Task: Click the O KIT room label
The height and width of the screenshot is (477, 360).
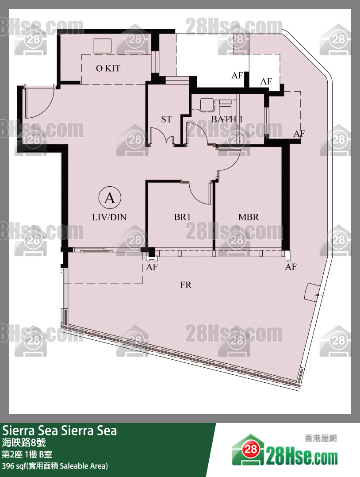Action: [x=108, y=69]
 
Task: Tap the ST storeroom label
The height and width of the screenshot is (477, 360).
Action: [x=166, y=119]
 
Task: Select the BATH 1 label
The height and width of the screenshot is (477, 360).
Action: [x=227, y=119]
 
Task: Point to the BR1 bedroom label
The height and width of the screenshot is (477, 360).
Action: [x=182, y=217]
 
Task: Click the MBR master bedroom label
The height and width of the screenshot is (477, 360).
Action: [x=249, y=217]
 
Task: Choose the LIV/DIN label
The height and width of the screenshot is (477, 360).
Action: [x=109, y=217]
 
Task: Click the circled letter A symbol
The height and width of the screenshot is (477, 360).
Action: [x=110, y=198]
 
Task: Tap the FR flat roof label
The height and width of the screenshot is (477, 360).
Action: [x=186, y=285]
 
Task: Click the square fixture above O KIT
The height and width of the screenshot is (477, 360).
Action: [x=103, y=46]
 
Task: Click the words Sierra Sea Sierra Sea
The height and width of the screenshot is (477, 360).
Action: [x=60, y=431]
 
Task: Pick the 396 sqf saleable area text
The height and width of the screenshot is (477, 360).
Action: [x=55, y=466]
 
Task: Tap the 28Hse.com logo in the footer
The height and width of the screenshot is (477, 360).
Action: [x=285, y=450]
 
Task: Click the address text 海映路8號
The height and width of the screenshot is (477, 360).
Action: [x=24, y=442]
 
